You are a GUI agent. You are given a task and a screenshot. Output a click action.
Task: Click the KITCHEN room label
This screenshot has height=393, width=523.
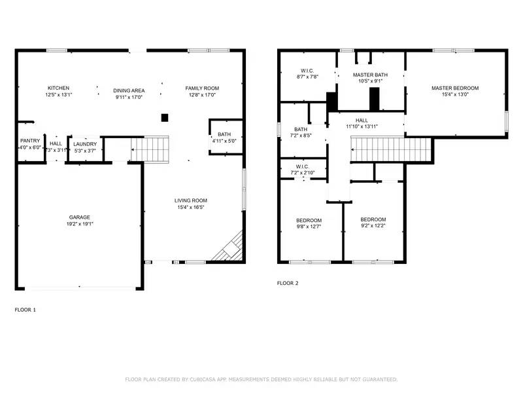click(x=58, y=88)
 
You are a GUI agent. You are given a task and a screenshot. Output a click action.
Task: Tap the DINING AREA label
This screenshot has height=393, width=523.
click(x=129, y=90)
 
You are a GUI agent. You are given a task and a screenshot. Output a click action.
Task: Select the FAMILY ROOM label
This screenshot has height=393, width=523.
click(x=202, y=88)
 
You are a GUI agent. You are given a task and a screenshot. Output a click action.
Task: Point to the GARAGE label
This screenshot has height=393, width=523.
click(x=80, y=217)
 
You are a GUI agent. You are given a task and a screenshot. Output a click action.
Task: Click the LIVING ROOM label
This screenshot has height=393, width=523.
click(x=190, y=200)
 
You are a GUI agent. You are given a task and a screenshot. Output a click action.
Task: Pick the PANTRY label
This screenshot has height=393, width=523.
click(x=30, y=141)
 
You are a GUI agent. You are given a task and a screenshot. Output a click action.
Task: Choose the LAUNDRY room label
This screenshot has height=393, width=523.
click(x=85, y=144)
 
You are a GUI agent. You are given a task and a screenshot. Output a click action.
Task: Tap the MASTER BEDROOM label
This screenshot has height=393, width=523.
click(x=455, y=88)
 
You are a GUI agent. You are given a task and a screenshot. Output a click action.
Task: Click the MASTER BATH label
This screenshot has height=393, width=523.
click(x=371, y=75)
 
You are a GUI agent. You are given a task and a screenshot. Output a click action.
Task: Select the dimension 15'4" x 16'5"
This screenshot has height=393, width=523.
click(x=190, y=208)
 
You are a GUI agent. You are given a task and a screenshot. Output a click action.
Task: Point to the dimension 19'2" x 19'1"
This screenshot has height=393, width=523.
click(x=80, y=224)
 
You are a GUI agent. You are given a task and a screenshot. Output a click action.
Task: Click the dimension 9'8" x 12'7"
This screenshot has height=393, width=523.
click(x=309, y=227)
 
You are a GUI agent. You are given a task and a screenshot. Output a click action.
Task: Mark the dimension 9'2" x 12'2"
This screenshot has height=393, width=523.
click(x=373, y=227)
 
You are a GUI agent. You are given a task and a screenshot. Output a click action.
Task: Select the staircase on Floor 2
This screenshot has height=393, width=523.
click(x=391, y=149)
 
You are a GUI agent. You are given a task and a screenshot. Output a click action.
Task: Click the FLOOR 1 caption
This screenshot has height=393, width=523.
click(x=25, y=309)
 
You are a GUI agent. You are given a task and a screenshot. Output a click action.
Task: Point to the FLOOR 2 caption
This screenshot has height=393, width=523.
click(x=288, y=284)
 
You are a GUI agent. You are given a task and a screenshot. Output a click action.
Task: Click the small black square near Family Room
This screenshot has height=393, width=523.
click(x=165, y=117)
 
